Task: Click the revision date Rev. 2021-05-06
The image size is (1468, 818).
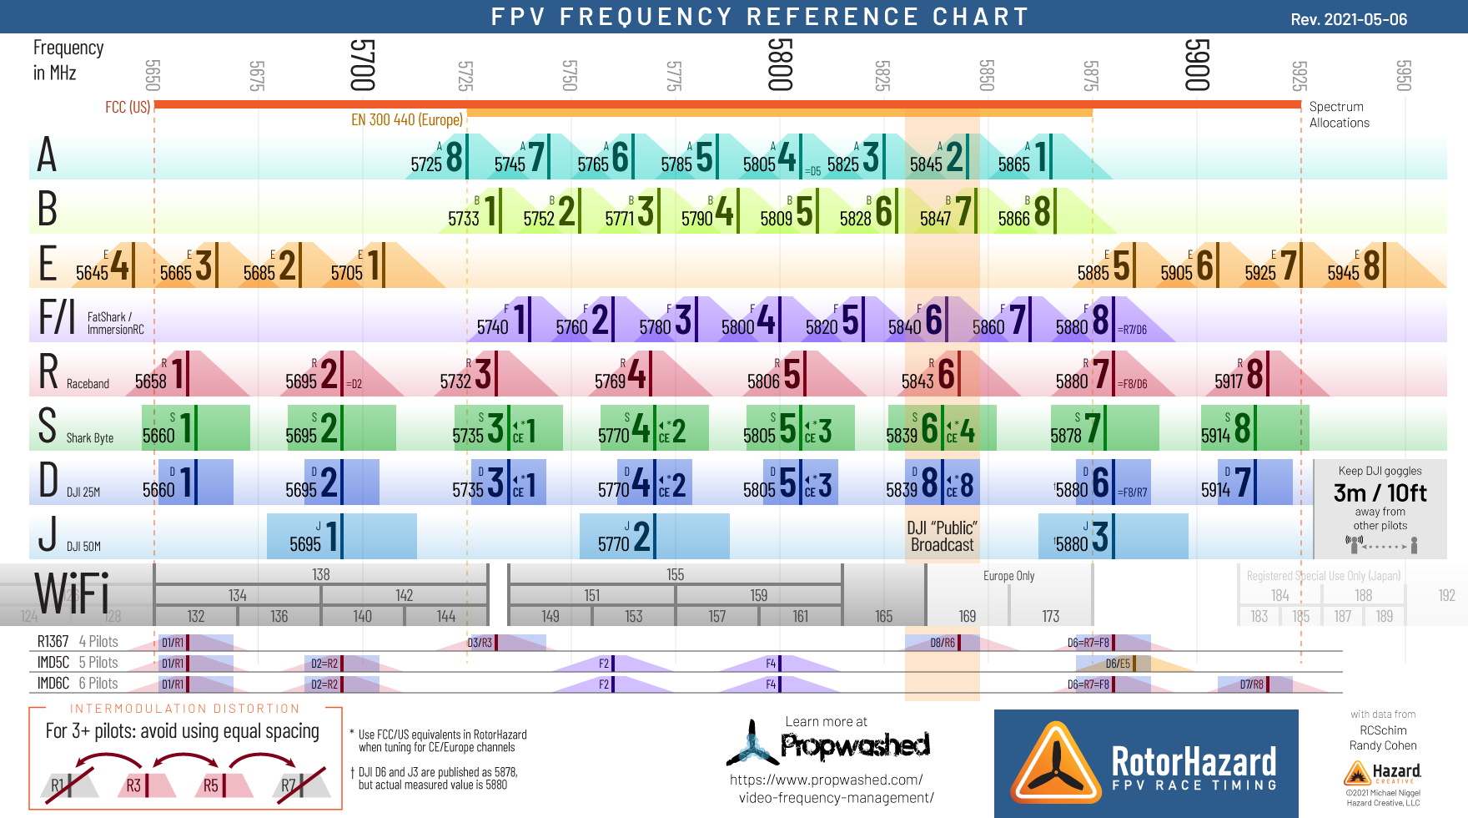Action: tap(1349, 19)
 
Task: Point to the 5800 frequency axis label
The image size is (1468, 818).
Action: tap(779, 64)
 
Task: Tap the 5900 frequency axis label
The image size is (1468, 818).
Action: tap(1196, 64)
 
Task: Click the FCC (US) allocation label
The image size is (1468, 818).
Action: tap(128, 108)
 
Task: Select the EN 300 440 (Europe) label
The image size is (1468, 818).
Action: tap(406, 120)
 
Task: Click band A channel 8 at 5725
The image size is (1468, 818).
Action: tap(438, 158)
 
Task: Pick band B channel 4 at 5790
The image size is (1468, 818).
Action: tap(709, 212)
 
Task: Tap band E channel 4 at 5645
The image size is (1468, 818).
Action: tap(104, 266)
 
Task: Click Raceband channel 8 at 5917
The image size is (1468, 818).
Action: tap(1239, 375)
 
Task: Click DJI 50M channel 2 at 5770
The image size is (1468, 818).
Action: tap(626, 537)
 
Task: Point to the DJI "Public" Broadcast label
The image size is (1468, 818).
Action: tap(942, 537)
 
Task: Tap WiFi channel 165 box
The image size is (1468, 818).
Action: tap(884, 616)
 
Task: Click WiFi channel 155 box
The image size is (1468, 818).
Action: tap(675, 574)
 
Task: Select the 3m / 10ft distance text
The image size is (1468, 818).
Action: tap(1380, 493)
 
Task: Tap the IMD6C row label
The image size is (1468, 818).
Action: tap(53, 684)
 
